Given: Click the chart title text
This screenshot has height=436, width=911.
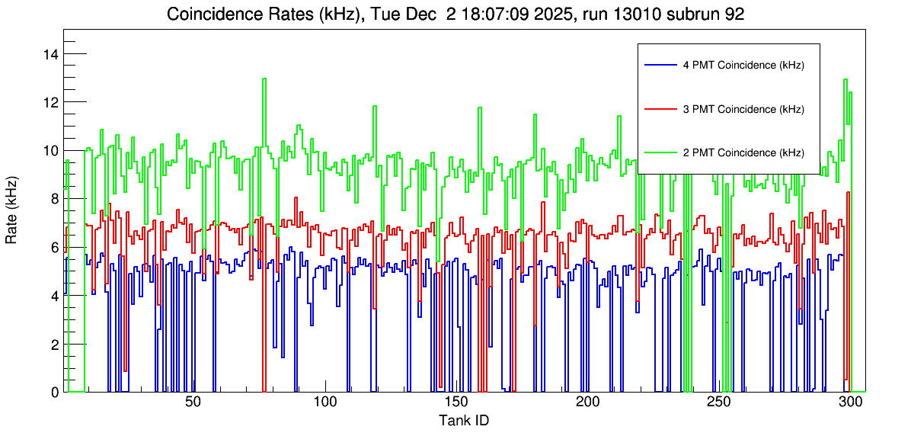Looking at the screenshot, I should (x=455, y=14).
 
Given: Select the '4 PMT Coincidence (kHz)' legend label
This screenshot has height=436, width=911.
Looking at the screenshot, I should (x=743, y=66).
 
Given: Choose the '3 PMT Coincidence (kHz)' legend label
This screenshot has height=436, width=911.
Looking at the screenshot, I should (x=743, y=110).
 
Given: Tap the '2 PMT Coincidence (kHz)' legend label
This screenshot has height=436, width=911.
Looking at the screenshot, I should (x=743, y=153).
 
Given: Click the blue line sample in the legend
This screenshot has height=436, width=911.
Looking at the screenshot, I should (x=660, y=66).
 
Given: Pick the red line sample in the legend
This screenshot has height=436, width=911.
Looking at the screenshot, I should (x=660, y=110).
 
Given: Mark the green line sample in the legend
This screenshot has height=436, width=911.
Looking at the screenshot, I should (x=660, y=153).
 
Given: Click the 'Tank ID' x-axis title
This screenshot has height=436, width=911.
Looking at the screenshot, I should (x=463, y=421).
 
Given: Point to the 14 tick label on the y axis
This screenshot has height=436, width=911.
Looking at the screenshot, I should (x=50, y=54).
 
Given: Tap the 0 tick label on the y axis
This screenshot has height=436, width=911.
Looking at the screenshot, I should (x=54, y=393).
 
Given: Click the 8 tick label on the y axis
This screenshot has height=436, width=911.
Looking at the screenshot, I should (x=54, y=199).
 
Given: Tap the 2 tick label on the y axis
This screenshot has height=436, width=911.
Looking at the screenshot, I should (x=54, y=345).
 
